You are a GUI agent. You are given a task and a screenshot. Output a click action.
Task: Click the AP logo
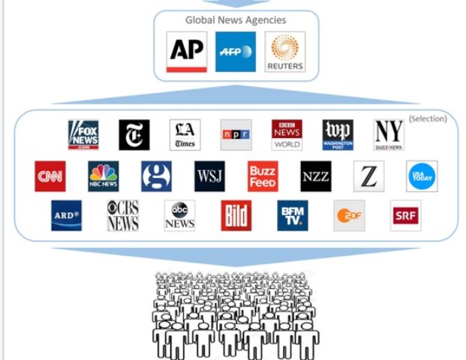tap(186, 52)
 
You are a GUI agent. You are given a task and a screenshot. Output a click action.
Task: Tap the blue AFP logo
tap(236, 52)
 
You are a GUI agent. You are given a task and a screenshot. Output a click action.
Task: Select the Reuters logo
tap(285, 52)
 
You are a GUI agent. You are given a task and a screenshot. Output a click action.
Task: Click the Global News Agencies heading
tap(236, 19)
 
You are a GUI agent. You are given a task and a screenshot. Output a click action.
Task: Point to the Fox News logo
tap(83, 135)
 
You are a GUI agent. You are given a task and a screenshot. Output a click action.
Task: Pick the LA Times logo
tap(185, 135)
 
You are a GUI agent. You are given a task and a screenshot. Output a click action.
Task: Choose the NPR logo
tap(236, 135)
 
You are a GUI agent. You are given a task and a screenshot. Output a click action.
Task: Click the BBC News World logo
tap(287, 135)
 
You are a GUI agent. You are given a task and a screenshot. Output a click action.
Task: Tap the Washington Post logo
tap(338, 135)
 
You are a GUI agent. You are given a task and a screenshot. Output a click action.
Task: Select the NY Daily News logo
tap(389, 135)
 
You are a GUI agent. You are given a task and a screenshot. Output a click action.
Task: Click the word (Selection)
tap(428, 118)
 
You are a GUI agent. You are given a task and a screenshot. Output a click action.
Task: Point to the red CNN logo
tap(50, 176)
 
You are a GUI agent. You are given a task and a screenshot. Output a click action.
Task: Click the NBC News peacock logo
tap(103, 176)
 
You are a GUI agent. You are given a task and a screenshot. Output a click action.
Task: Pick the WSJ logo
tap(209, 176)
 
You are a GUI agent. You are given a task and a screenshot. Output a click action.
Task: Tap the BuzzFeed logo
tap(263, 176)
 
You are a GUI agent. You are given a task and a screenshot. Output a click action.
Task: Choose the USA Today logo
tap(422, 176)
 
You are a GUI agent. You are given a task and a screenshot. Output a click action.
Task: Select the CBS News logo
tap(122, 215)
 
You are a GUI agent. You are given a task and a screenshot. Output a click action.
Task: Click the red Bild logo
tap(236, 215)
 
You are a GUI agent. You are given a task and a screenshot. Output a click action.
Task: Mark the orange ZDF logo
tap(349, 215)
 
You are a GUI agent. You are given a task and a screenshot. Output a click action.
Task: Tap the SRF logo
tap(405, 215)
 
